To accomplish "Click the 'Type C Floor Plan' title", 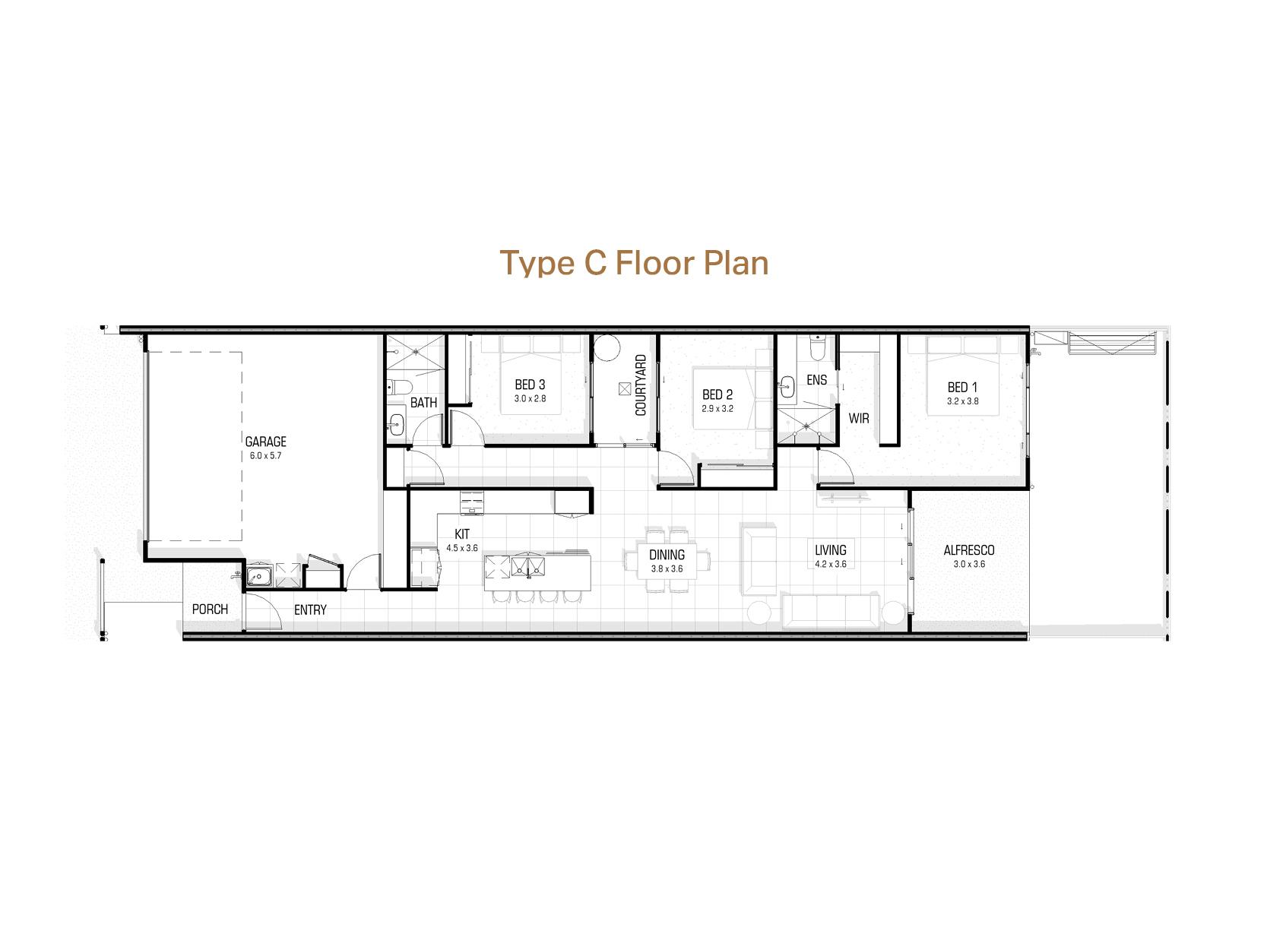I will tap(634, 263).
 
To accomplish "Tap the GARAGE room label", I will tap(265, 442).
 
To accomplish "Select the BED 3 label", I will tap(530, 385).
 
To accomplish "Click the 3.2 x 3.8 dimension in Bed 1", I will tap(962, 401).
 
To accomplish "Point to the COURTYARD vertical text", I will tap(641, 385).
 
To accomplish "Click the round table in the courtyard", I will tap(607, 349).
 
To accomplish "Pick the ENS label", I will tap(816, 380).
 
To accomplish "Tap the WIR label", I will tap(859, 419).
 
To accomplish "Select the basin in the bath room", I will tap(396, 424).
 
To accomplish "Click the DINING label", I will tap(667, 556).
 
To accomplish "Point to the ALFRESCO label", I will tap(968, 550).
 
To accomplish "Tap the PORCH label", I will tap(210, 610).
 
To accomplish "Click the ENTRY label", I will tap(310, 610).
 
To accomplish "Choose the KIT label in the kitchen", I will tap(461, 534).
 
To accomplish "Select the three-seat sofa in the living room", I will tap(831, 611).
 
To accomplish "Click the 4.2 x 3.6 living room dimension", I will tap(830, 565).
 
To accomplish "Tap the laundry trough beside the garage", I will tap(259, 575).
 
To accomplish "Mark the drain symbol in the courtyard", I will tap(625, 388).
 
